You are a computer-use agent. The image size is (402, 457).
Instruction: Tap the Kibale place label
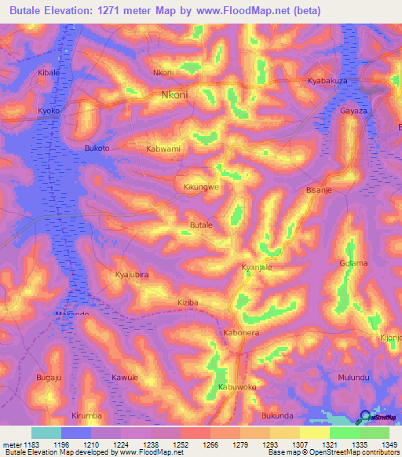click(49, 72)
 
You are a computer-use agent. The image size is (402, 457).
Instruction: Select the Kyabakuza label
click(330, 81)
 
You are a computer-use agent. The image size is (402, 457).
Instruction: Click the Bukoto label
click(97, 148)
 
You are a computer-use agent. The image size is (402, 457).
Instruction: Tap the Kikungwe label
click(201, 188)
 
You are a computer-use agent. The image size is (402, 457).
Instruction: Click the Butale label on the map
click(202, 225)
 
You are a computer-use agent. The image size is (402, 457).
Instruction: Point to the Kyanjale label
click(256, 268)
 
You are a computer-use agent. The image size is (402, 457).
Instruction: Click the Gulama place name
click(353, 263)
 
